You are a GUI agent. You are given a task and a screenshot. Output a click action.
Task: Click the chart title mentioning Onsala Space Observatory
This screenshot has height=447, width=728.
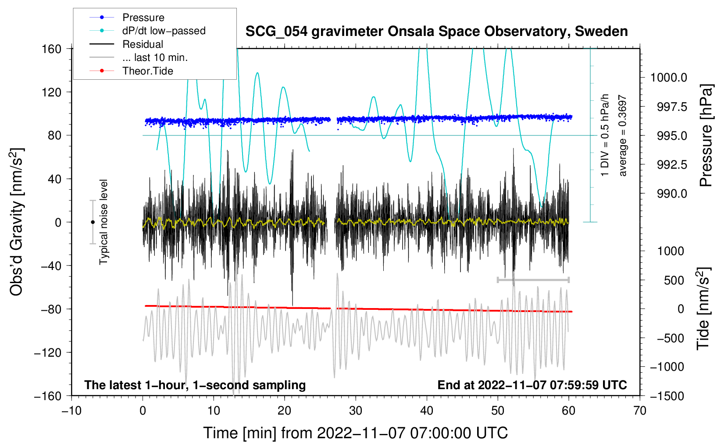(x=436, y=32)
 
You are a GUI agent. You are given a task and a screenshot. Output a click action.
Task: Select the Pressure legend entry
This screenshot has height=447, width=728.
(x=143, y=18)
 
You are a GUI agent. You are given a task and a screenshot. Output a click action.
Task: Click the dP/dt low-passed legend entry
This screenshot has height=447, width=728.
(x=164, y=31)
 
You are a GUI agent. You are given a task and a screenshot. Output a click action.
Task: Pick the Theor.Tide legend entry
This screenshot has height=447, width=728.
(x=148, y=71)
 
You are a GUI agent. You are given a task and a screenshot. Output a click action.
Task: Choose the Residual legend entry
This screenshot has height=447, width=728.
(x=143, y=44)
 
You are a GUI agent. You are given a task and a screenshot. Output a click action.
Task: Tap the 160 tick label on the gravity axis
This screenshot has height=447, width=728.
(x=52, y=49)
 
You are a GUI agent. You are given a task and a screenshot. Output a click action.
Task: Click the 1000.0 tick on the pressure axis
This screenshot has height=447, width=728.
(x=668, y=78)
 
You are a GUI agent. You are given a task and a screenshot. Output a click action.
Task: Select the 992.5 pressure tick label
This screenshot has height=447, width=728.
(x=672, y=164)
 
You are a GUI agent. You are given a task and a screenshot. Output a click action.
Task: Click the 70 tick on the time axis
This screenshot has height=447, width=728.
(x=640, y=411)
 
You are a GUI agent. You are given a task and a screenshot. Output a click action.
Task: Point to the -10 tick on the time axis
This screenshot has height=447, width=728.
(x=71, y=411)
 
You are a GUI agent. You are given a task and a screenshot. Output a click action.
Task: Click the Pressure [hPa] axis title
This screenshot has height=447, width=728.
(x=706, y=136)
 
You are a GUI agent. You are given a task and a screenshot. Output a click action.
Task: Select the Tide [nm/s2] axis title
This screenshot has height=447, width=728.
(x=703, y=309)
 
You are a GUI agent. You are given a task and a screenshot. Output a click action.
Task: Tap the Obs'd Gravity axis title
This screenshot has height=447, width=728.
(x=17, y=222)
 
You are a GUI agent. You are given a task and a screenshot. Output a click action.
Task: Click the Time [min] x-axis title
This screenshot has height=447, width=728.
(x=355, y=433)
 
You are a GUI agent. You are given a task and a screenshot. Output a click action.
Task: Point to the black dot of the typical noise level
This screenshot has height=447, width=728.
(x=93, y=222)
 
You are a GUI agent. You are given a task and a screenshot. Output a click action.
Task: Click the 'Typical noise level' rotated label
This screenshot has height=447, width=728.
(x=103, y=222)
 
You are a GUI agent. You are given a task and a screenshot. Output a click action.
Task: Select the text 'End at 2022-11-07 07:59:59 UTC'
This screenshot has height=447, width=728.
(x=532, y=385)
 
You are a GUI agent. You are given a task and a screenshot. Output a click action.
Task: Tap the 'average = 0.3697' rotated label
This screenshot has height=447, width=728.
(x=623, y=136)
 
